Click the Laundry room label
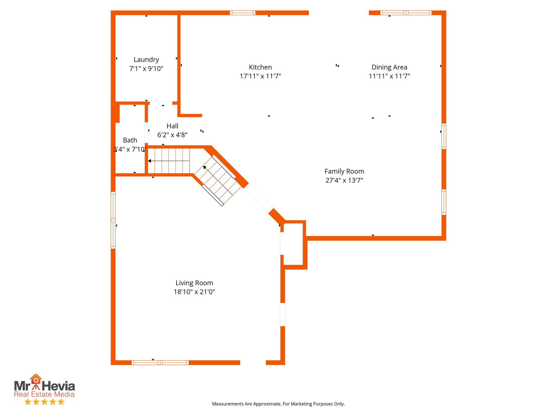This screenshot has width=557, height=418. tap(146, 60)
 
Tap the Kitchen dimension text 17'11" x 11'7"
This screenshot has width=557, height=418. tap(260, 76)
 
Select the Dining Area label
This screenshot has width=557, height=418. tap(389, 67)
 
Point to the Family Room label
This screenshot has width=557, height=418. tap(344, 171)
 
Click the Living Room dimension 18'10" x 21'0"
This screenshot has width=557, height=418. tap(194, 292)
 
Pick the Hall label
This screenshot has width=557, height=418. tap(172, 126)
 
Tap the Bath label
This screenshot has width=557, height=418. tap(130, 140)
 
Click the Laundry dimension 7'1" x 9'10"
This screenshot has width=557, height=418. tap(146, 69)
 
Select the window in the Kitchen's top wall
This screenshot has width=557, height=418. tap(243, 13)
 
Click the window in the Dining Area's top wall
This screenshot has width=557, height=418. tap(406, 13)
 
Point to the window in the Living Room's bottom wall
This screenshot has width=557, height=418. tap(160, 362)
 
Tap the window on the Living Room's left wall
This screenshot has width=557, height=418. tap(113, 220)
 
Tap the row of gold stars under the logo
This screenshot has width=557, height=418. tap(45, 402)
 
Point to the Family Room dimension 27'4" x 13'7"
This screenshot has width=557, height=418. tap(344, 180)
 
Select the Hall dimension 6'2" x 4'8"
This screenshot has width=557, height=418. tap(172, 135)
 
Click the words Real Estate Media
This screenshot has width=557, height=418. tap(44, 394)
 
